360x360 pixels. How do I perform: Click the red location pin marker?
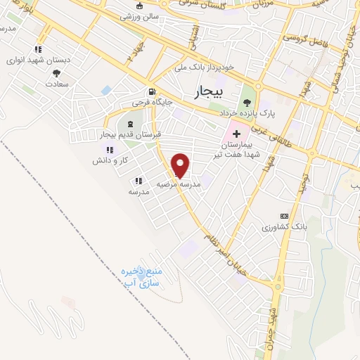pyautogui.click(x=181, y=165)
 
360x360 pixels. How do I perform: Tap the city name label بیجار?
pyautogui.click(x=207, y=91)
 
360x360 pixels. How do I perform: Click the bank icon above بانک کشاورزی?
pyautogui.click(x=284, y=216)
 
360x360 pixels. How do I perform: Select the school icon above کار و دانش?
pyautogui.click(x=109, y=150)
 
